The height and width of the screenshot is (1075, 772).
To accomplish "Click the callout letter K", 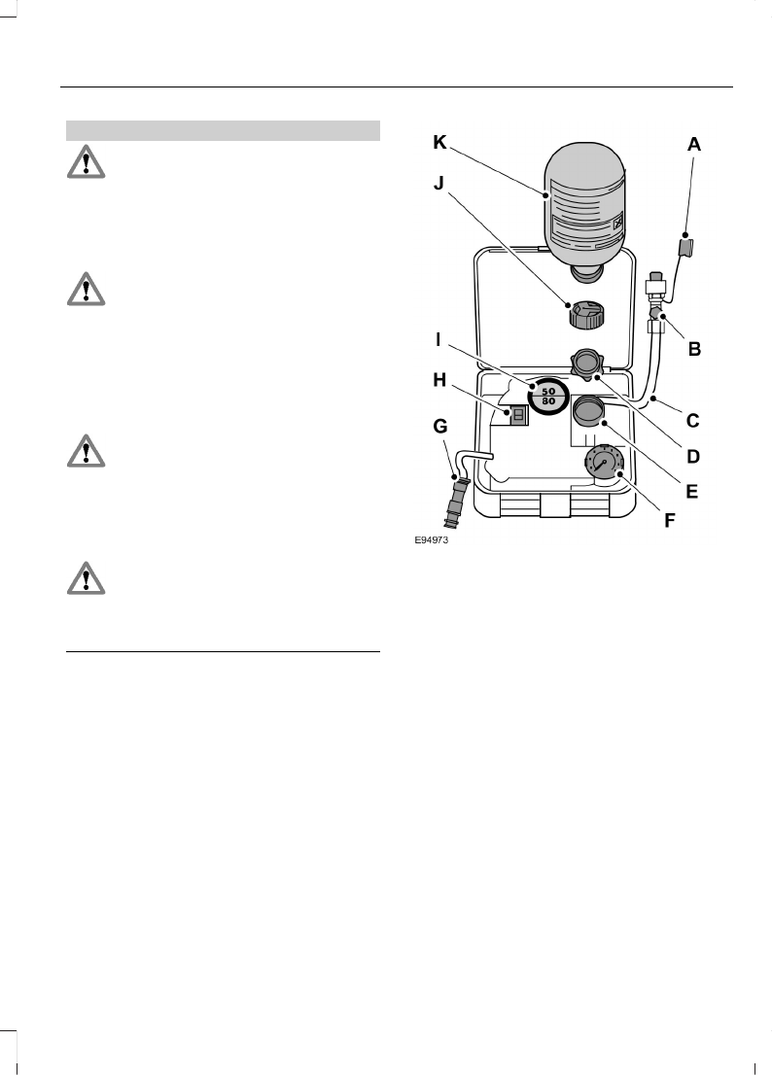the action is [x=440, y=144].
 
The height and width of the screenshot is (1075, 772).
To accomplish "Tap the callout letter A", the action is [x=693, y=144].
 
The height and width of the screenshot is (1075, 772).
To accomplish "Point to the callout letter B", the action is [x=693, y=348].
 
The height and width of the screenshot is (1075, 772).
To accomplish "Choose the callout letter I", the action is [x=439, y=339].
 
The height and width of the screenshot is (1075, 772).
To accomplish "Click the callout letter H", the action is [x=440, y=381].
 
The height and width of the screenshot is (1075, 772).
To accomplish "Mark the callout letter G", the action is [x=440, y=426].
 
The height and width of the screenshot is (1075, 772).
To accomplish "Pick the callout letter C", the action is [x=693, y=421].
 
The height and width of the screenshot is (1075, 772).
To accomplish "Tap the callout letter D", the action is [x=693, y=455].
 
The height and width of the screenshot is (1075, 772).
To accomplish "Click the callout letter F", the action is [x=669, y=520].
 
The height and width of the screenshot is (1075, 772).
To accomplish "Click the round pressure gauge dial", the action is [x=604, y=465].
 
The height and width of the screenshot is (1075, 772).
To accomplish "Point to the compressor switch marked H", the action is [x=518, y=415].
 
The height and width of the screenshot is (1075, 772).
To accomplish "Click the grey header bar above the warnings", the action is [x=222, y=130].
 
